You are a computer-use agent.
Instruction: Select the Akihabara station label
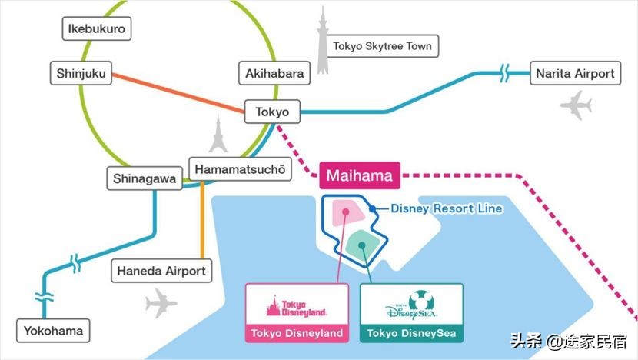pos(275,74)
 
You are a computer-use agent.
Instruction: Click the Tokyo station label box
pos(272,112)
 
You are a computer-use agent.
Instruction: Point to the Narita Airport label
pos(575,74)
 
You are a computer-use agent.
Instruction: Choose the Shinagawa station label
pos(144,179)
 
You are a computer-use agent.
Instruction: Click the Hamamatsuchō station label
pos(241,169)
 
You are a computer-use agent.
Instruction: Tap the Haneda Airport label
pos(161,271)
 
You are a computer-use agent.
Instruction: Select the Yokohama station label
pos(52,332)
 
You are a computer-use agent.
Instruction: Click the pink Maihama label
pos(359,175)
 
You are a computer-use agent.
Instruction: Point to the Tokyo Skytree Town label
pos(382,46)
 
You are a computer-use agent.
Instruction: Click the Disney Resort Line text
pos(446,208)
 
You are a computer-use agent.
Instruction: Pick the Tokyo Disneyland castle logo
pos(296,306)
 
